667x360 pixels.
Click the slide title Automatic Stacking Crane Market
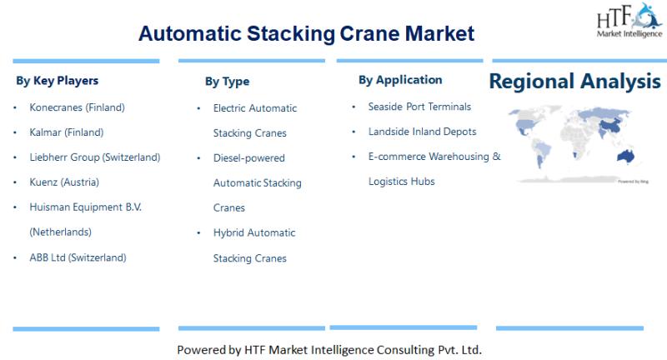click(x=306, y=33)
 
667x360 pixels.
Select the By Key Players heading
click(x=57, y=81)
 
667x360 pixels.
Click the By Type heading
click(x=227, y=82)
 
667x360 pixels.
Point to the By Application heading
click(x=400, y=80)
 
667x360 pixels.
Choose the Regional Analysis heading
click(x=574, y=82)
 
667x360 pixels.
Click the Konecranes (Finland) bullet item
click(x=77, y=107)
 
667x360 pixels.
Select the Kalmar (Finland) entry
click(x=68, y=132)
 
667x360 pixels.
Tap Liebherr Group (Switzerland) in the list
click(x=94, y=157)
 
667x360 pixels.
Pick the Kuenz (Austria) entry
click(x=64, y=182)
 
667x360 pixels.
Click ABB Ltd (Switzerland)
click(x=78, y=257)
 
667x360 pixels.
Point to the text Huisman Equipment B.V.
click(x=85, y=207)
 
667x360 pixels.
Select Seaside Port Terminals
click(x=419, y=107)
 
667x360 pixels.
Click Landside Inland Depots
click(x=422, y=132)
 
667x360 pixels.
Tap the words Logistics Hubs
click(x=401, y=182)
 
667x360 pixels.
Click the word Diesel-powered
click(x=248, y=157)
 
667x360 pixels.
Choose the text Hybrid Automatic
click(x=254, y=232)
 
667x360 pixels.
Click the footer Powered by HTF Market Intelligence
click(x=329, y=349)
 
